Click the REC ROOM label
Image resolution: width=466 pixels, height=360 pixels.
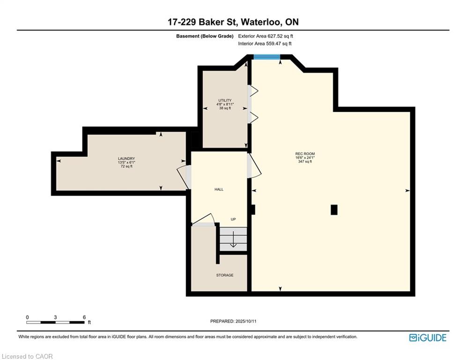point(305,154)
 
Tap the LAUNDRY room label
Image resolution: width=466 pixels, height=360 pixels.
point(126,159)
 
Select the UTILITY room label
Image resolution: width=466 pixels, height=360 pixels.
point(225,101)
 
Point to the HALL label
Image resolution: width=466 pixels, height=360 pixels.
point(219,189)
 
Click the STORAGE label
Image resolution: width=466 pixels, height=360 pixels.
point(225,275)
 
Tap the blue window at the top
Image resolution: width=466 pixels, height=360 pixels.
point(267,57)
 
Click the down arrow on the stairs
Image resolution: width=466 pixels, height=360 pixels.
point(233,239)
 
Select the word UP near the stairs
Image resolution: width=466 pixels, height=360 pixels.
point(233,219)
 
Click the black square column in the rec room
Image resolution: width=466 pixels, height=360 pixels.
point(334,210)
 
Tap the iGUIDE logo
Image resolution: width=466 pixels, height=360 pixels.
point(428,337)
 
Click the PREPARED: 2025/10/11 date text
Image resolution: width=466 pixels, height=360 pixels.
point(233,321)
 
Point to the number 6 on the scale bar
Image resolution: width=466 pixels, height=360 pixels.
point(84,317)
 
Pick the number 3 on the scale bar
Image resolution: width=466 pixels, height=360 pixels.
point(55,317)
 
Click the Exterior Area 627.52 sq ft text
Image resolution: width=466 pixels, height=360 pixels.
point(266,36)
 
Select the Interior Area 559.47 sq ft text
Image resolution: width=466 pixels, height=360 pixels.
point(265,44)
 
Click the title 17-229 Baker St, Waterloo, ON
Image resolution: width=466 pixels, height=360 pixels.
point(233,22)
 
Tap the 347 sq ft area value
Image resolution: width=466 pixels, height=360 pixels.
point(305,162)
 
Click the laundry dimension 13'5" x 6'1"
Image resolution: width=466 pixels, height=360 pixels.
point(126,163)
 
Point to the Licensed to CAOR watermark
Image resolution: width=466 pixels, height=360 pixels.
point(27,356)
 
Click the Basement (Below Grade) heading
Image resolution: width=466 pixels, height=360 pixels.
point(205,36)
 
